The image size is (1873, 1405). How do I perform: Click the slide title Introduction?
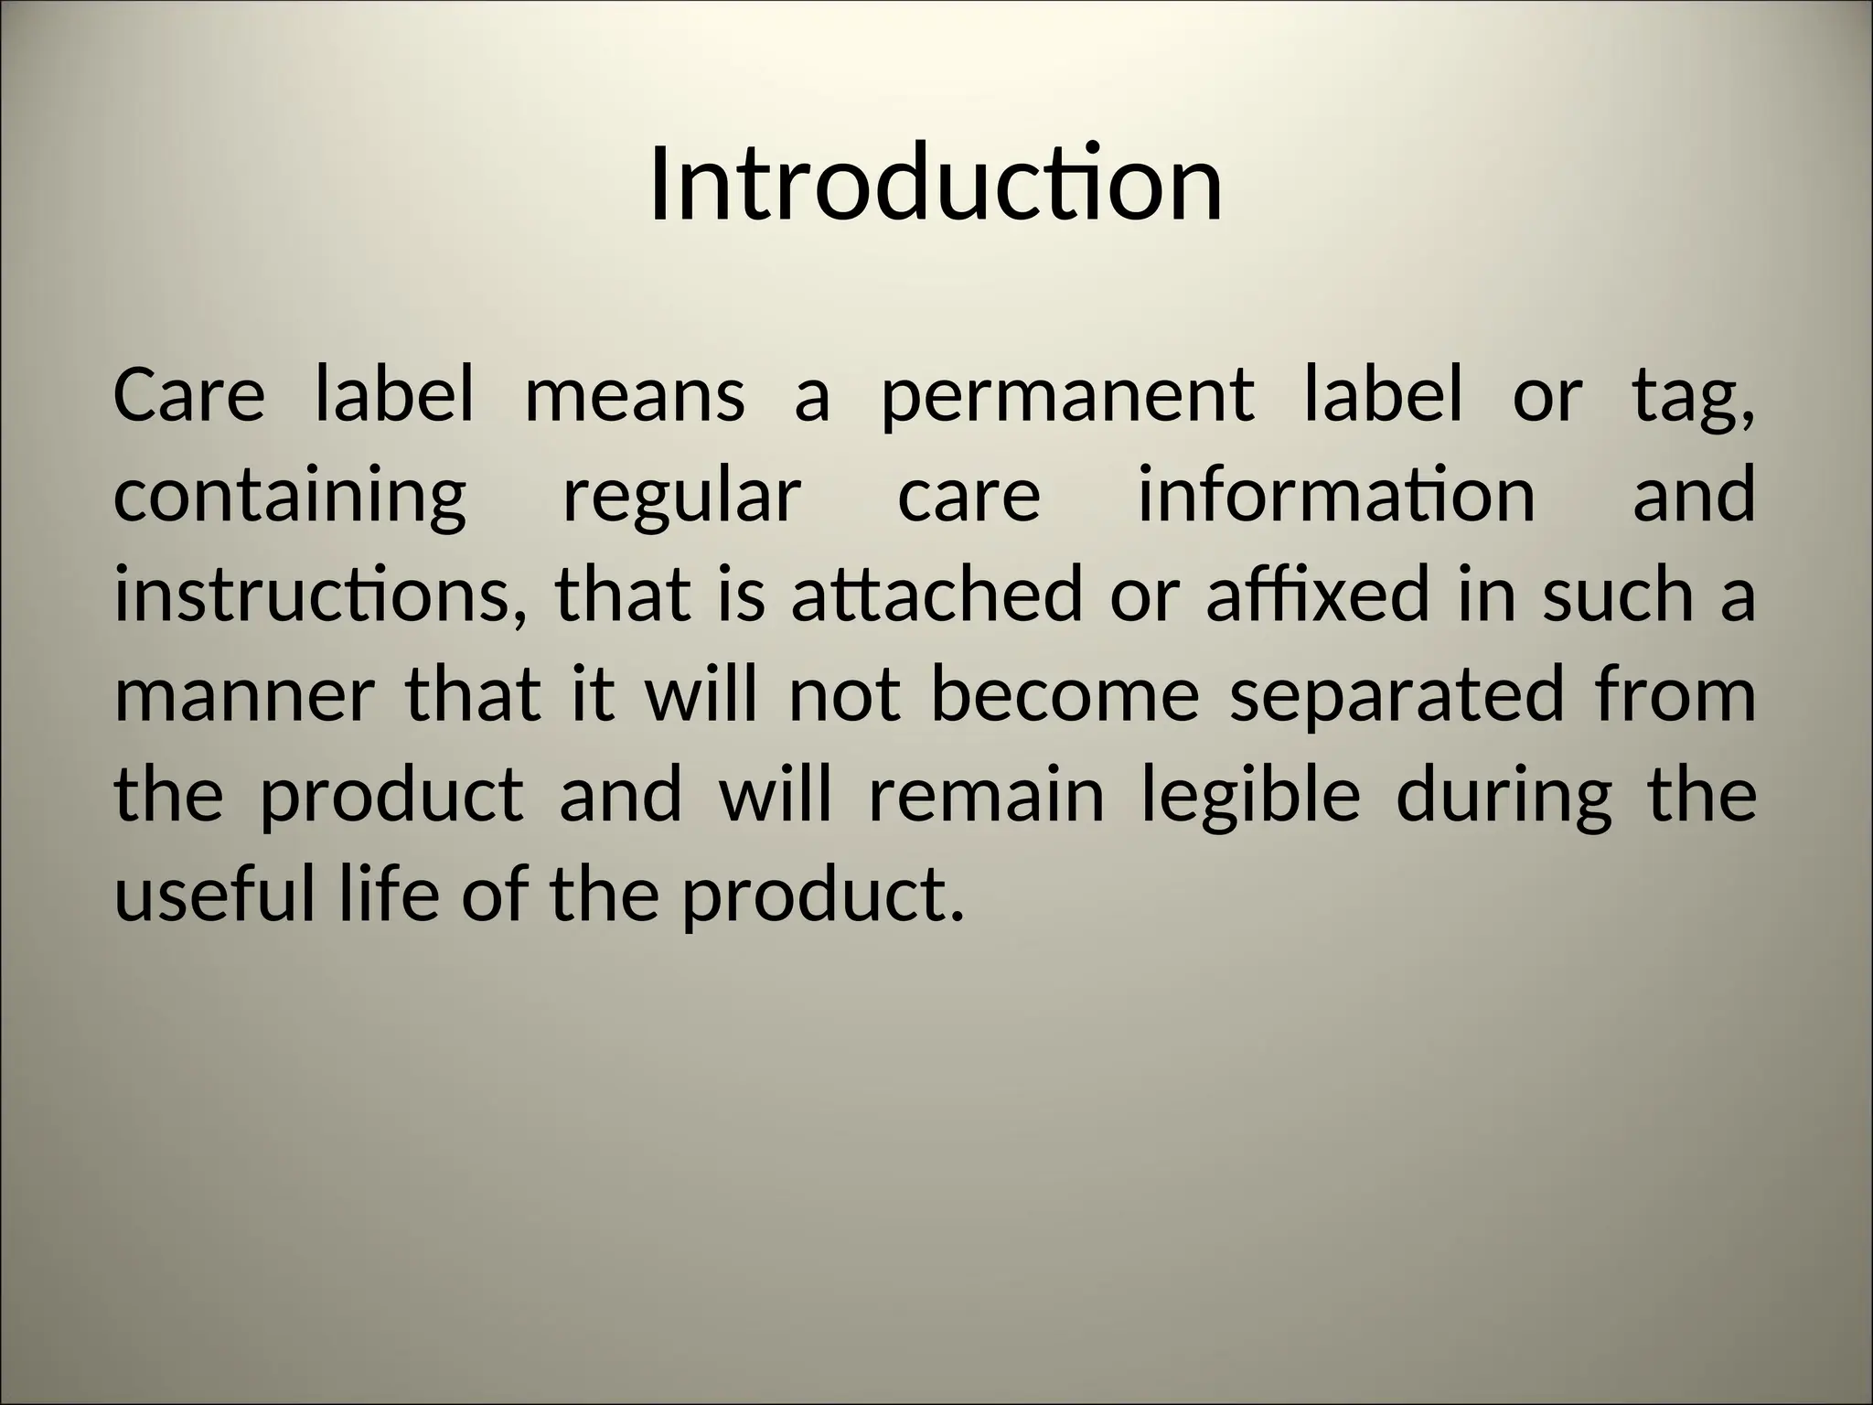[x=936, y=186]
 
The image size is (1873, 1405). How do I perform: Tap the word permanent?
[x=1067, y=398]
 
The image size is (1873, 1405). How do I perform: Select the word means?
[x=635, y=398]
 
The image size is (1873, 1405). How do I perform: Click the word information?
[x=1336, y=495]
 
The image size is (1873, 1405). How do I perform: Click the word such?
[x=1617, y=595]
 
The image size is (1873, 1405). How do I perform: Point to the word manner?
[x=244, y=695]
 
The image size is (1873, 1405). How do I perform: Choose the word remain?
[x=987, y=795]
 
